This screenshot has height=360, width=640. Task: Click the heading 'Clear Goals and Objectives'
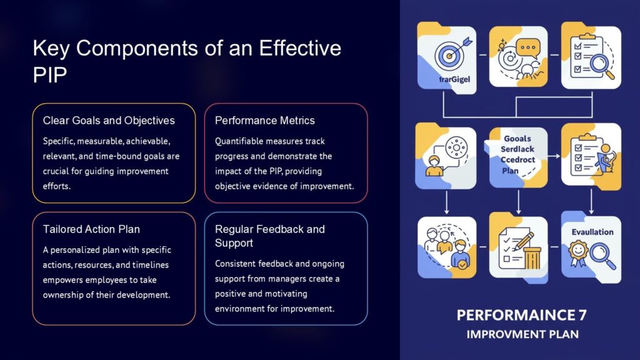pos(109,121)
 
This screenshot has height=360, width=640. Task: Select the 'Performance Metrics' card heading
pos(265,121)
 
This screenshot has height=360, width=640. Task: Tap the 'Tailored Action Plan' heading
pos(91,229)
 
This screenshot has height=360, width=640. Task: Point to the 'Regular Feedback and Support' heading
pos(270,236)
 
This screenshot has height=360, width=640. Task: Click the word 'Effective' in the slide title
pos(298,48)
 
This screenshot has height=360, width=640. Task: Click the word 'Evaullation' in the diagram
pos(592,232)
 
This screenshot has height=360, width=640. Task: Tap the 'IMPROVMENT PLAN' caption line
pos(522,334)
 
